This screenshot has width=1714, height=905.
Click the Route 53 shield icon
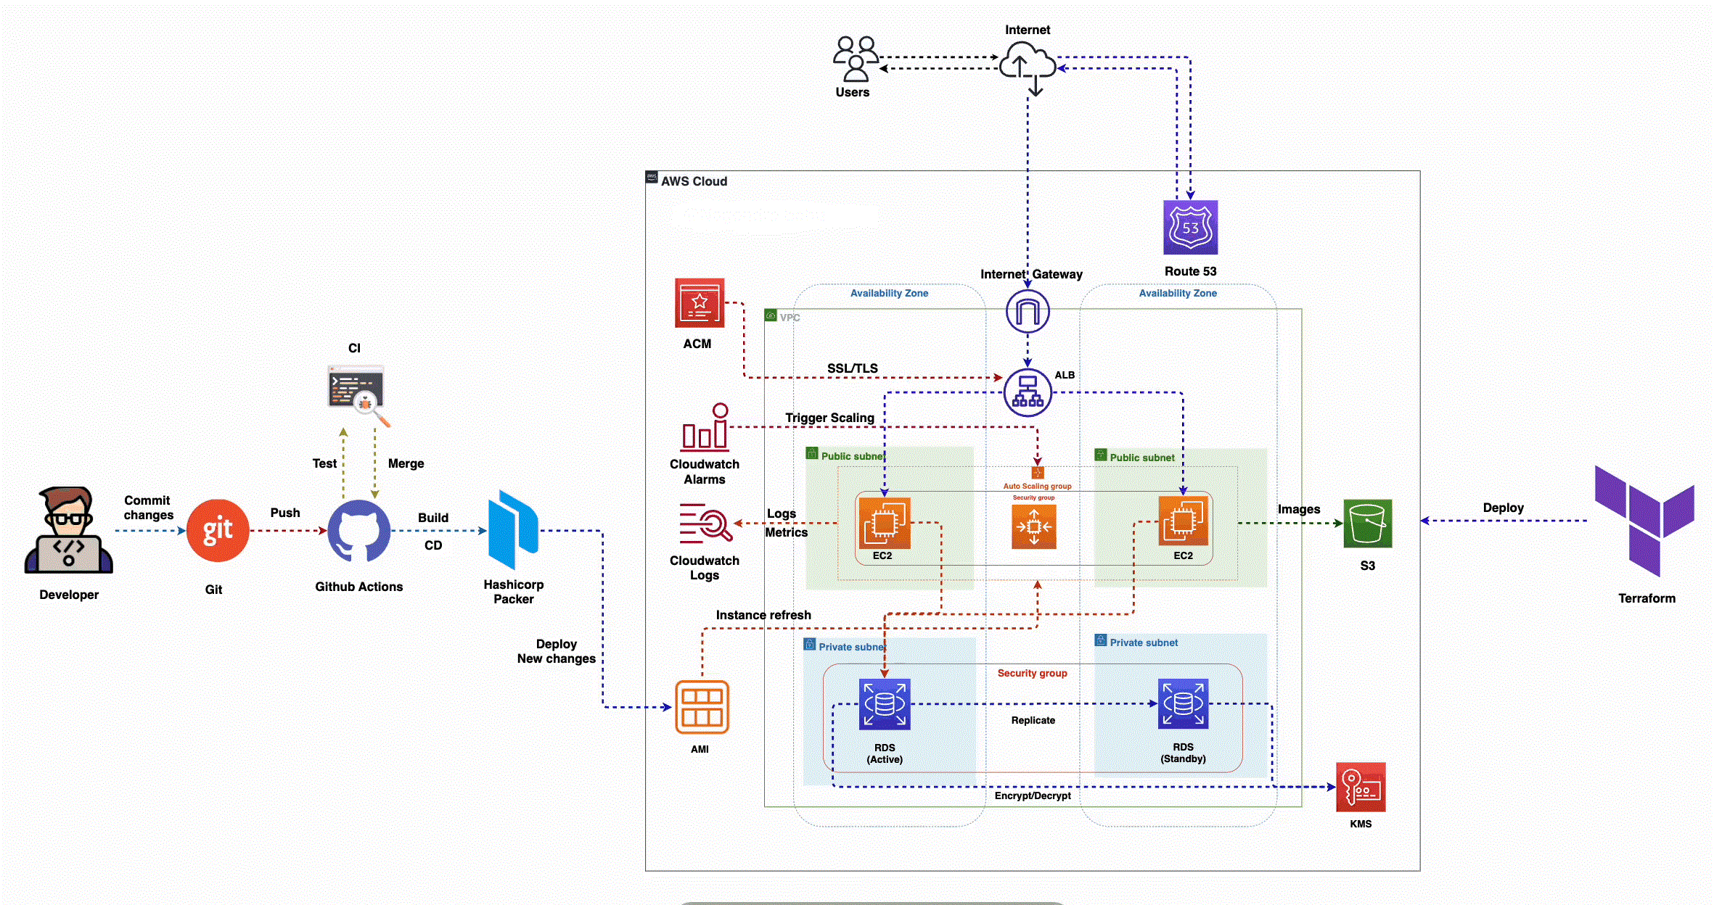point(1190,228)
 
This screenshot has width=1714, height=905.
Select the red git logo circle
point(218,531)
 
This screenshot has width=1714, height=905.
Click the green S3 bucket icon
point(1367,524)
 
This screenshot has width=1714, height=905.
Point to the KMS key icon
point(1361,787)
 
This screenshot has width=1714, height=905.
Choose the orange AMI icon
point(702,707)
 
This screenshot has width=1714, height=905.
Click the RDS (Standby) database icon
point(1183,703)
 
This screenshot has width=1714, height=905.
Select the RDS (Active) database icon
point(885,703)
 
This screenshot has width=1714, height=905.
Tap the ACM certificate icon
point(700,303)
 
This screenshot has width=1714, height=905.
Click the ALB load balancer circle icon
point(1028,392)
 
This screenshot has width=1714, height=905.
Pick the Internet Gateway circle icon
point(1028,312)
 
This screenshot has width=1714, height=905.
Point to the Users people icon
point(856,59)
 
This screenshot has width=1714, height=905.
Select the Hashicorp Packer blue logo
point(513,529)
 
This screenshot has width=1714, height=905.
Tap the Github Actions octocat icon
point(358,531)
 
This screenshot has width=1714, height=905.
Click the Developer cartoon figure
point(68,531)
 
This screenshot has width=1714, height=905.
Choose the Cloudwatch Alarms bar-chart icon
point(705,428)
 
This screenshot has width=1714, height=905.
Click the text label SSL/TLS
point(853,368)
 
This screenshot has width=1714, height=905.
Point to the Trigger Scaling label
point(829,418)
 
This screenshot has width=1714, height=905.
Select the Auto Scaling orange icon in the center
point(1033,526)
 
